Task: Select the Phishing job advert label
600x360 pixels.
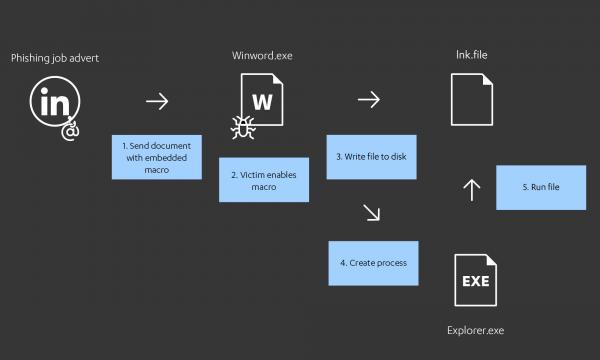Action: [55, 58]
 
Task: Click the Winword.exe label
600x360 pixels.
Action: [263, 55]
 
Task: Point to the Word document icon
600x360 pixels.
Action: [263, 103]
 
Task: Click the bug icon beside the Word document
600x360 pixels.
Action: [242, 126]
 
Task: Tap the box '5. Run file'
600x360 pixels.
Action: [540, 188]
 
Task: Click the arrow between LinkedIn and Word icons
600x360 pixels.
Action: [156, 101]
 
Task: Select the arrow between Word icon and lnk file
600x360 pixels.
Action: [369, 99]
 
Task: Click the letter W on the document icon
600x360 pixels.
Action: [263, 102]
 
